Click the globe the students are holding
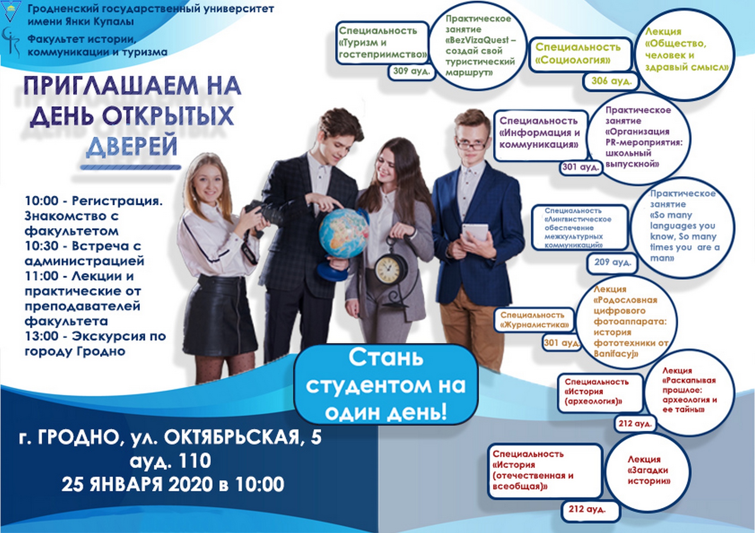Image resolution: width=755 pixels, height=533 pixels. [x=344, y=234]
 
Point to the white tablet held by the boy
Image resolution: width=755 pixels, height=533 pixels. [x=476, y=232]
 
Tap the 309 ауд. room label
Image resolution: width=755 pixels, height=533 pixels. [x=411, y=71]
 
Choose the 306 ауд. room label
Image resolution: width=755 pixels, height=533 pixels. [x=611, y=81]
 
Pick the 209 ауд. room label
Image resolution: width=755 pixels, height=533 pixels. [x=612, y=262]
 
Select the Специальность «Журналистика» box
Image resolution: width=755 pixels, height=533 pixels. [x=535, y=320]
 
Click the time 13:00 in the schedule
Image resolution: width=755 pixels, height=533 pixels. [x=42, y=336]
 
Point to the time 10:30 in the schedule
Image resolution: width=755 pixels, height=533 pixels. [x=42, y=246]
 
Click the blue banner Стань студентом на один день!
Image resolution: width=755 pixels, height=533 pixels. [x=386, y=384]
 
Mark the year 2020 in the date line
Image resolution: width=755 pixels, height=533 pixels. [x=190, y=485]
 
